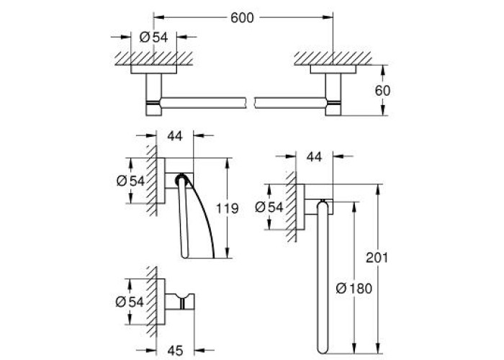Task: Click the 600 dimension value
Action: click(242, 18)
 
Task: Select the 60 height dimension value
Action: click(382, 91)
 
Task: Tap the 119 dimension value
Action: click(227, 209)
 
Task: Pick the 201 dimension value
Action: click(377, 258)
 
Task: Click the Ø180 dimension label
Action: click(354, 288)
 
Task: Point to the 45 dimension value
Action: click(175, 350)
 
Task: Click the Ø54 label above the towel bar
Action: click(153, 37)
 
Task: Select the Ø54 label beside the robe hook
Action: click(130, 302)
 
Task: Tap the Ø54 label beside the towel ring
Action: click(269, 207)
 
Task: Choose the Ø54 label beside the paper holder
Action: click(130, 181)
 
